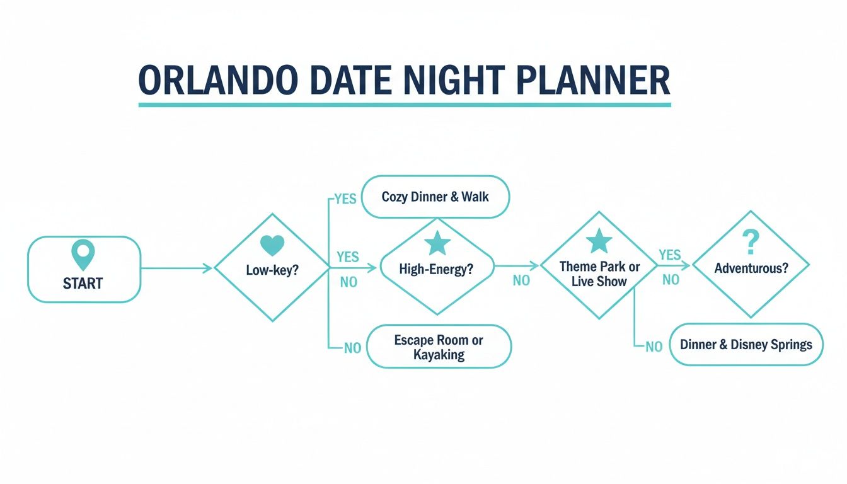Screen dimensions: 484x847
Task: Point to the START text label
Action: tap(83, 284)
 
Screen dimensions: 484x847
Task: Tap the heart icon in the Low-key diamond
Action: tap(272, 246)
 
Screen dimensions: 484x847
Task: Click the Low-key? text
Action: tap(272, 270)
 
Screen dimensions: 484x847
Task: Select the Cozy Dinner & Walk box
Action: tap(435, 197)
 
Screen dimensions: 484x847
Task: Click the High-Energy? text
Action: tap(436, 269)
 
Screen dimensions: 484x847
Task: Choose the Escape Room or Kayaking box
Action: tap(439, 347)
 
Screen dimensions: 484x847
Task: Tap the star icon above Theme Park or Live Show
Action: tap(599, 241)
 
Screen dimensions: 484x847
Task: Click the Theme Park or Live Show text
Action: tap(599, 274)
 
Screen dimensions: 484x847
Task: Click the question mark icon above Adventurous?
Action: tap(751, 241)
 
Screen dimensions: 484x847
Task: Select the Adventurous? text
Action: tap(751, 268)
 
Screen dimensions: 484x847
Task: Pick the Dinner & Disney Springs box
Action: tap(746, 345)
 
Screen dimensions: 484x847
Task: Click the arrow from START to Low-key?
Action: tap(176, 269)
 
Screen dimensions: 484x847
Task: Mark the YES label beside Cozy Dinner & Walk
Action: tap(345, 199)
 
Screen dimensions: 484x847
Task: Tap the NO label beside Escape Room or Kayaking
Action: tap(352, 347)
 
